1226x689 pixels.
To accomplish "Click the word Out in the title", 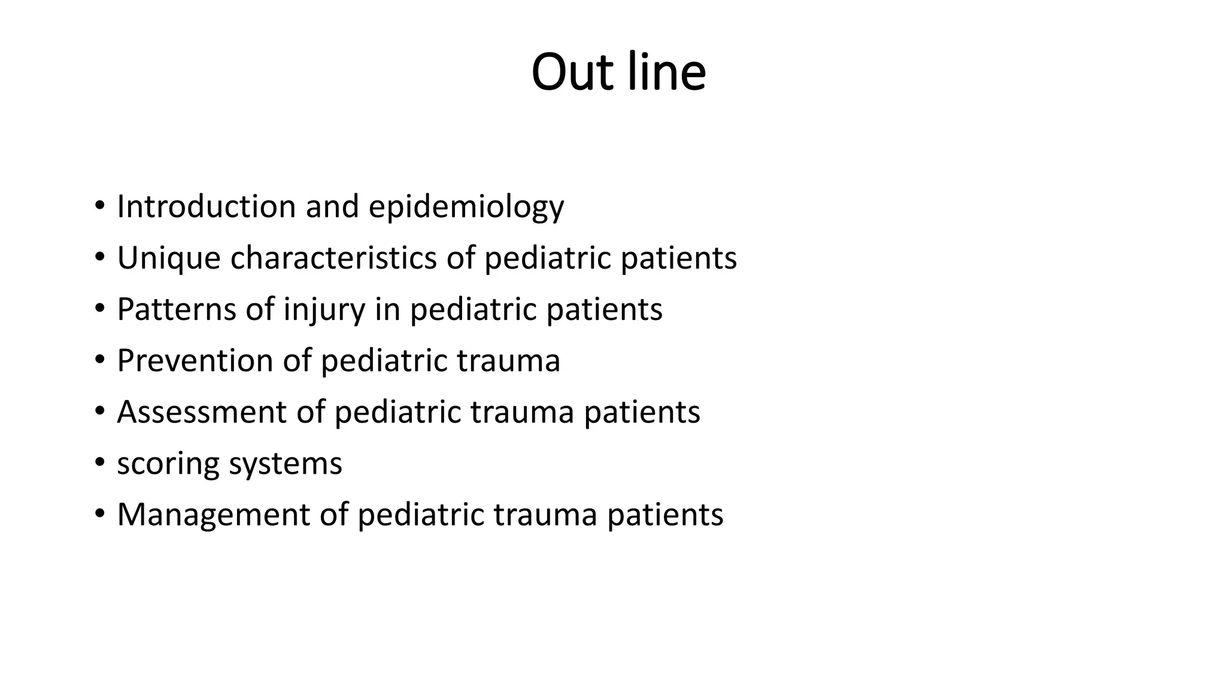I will pyautogui.click(x=572, y=72).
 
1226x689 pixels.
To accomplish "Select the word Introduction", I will pyautogui.click(x=207, y=206).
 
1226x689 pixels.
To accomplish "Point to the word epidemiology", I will pyautogui.click(x=466, y=208).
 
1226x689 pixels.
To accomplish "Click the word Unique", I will pyautogui.click(x=169, y=258).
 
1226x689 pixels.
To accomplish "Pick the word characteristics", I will pyautogui.click(x=333, y=258).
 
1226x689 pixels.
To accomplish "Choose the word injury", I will pyautogui.click(x=324, y=310).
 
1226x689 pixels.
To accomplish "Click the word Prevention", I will pyautogui.click(x=195, y=361).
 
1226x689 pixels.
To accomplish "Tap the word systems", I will pyautogui.click(x=286, y=464).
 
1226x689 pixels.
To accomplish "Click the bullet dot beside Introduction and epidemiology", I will pyautogui.click(x=99, y=206).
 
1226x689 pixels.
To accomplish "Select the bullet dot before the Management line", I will pyautogui.click(x=99, y=514).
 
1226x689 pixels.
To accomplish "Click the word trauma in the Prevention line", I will pyautogui.click(x=508, y=361).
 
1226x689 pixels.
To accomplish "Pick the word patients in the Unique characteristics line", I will pyautogui.click(x=678, y=258).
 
